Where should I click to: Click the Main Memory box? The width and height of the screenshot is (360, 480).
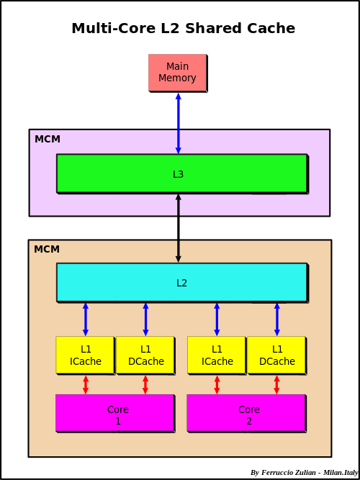click(177, 73)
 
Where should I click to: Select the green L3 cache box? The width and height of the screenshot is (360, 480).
click(181, 173)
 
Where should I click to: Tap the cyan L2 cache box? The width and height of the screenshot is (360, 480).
click(181, 282)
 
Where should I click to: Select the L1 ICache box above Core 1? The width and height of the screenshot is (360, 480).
click(85, 355)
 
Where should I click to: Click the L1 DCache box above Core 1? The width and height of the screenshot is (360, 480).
click(145, 355)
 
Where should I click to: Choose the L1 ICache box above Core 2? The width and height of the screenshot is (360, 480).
click(216, 355)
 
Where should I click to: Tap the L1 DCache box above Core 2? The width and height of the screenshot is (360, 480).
click(276, 355)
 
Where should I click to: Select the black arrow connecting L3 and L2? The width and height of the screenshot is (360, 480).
click(179, 228)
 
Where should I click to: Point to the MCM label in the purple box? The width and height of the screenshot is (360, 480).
click(48, 139)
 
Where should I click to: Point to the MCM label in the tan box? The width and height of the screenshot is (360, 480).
click(47, 249)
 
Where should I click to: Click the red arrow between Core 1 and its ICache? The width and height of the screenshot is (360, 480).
click(86, 384)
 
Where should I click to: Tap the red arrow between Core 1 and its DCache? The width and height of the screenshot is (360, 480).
click(145, 384)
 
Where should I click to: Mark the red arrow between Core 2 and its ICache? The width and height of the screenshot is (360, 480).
click(217, 384)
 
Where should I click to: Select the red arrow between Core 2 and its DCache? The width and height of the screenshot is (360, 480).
click(276, 384)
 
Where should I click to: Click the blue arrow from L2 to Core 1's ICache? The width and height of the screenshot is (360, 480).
click(86, 319)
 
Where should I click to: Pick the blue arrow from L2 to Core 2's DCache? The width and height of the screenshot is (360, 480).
click(276, 319)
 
